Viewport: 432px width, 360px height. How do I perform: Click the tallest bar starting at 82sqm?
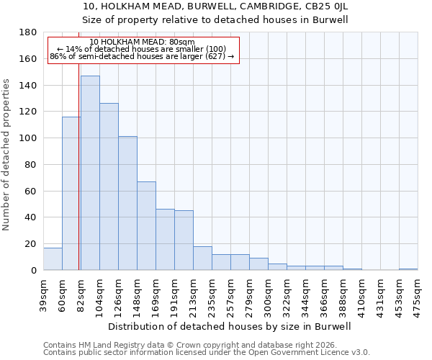pyautogui.click(x=90, y=173)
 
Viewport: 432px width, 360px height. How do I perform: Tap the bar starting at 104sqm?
pyautogui.click(x=109, y=186)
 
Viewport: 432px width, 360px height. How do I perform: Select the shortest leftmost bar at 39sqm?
pyautogui.click(x=53, y=259)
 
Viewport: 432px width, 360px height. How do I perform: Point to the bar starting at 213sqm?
pyautogui.click(x=202, y=258)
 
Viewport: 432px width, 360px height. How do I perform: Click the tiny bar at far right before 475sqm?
pyautogui.click(x=408, y=269)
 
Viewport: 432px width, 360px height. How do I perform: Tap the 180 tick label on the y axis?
pyautogui.click(x=28, y=32)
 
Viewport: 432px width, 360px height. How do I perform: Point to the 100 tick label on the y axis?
pyautogui.click(x=28, y=138)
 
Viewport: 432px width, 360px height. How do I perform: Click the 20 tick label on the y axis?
pyautogui.click(x=31, y=244)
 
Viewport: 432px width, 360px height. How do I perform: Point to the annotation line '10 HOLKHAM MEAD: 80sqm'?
pyautogui.click(x=143, y=42)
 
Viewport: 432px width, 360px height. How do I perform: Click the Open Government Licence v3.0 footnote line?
pyautogui.click(x=207, y=352)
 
